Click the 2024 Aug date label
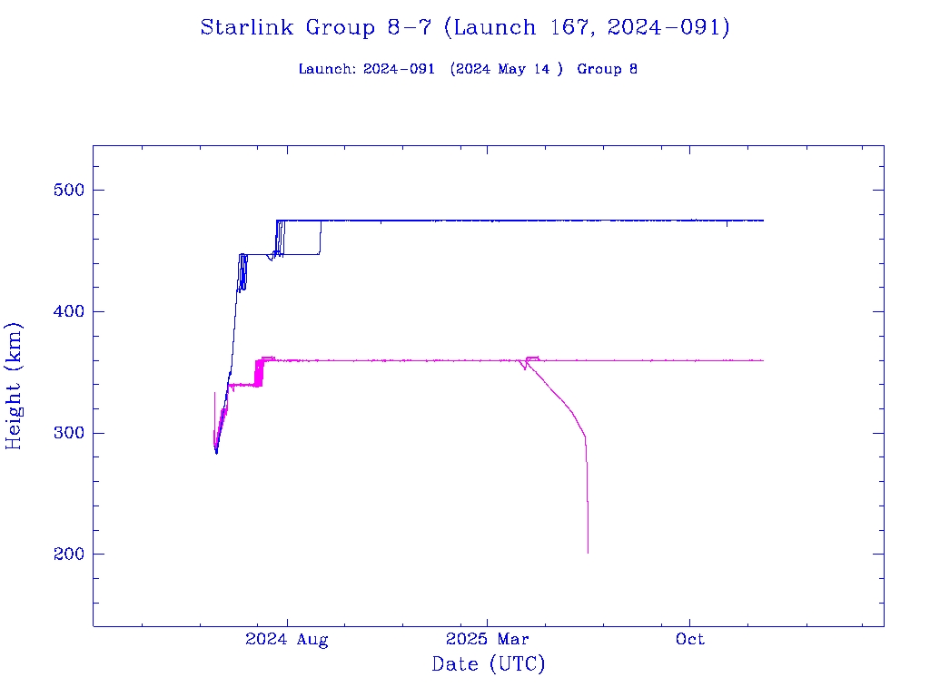click(287, 640)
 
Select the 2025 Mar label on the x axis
click(488, 640)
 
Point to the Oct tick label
click(690, 640)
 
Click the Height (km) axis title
click(15, 386)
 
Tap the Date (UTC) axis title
click(489, 665)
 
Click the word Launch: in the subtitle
click(327, 70)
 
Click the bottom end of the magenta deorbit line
click(588, 552)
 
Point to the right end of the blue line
click(763, 221)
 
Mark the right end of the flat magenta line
click(763, 360)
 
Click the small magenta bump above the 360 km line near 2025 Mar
click(532, 358)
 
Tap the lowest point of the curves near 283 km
click(216, 452)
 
